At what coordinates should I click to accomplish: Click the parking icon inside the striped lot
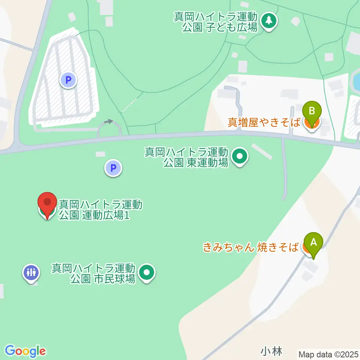point(68,80)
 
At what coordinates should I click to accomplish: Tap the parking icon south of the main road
point(113,168)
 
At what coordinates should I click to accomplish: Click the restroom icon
point(31,272)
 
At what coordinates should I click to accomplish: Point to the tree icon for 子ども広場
point(268,21)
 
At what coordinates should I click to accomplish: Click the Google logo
point(25,351)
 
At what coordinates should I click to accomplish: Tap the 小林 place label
point(271,351)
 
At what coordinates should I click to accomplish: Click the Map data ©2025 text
point(328,354)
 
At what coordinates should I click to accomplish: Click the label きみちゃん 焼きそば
point(251,247)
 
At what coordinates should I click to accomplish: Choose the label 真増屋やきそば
point(264,122)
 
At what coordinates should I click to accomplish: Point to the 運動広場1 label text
point(100,210)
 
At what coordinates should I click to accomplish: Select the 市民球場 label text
point(93,274)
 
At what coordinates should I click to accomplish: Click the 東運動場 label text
point(187,157)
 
